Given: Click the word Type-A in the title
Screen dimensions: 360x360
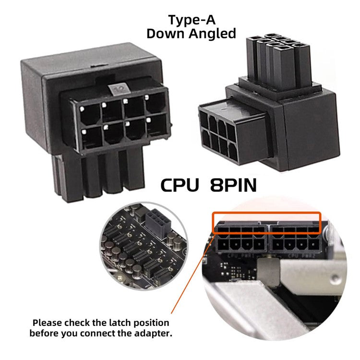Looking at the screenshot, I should click(191, 20).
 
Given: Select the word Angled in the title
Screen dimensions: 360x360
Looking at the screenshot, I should click(214, 34).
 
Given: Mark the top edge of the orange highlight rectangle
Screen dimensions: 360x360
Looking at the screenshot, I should click(266, 212).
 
